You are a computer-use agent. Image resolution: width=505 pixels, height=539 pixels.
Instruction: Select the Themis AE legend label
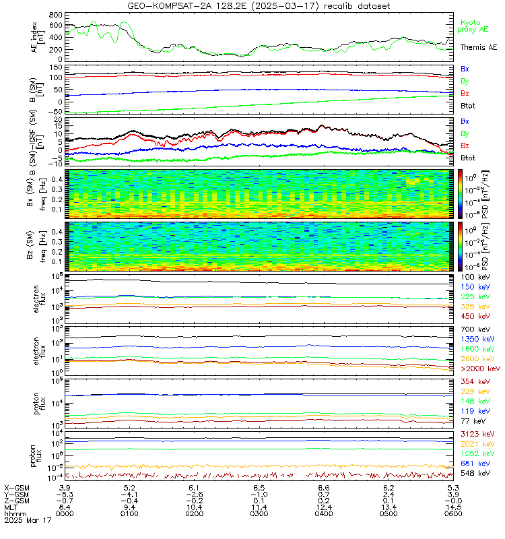click(x=479, y=48)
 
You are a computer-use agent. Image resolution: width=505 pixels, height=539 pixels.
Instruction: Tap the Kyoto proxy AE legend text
click(x=478, y=26)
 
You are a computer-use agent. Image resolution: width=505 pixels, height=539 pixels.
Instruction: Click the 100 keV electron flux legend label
click(x=475, y=277)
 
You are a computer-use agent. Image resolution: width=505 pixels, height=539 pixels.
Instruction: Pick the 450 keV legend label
click(x=475, y=315)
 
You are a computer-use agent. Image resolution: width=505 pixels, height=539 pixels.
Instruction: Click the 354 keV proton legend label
click(x=475, y=382)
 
